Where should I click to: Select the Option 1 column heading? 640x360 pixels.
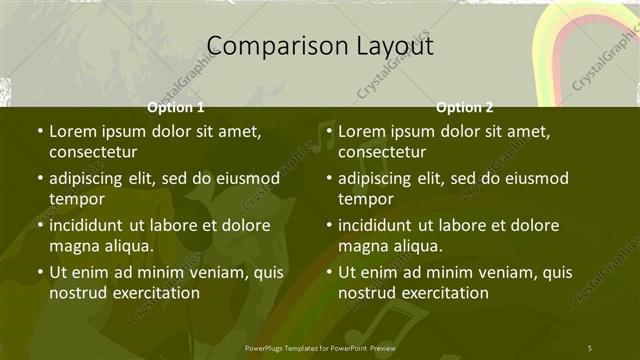(176, 107)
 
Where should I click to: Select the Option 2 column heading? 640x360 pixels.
(465, 107)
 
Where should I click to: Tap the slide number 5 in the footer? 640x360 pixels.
(589, 346)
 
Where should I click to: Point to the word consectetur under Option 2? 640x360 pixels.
(383, 152)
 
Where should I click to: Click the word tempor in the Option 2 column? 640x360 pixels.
(365, 199)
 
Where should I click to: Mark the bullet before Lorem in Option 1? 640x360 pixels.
(39, 131)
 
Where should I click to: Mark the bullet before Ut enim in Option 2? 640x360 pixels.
(329, 272)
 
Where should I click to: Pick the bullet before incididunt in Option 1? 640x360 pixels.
(39, 225)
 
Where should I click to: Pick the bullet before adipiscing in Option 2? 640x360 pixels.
(329, 179)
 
